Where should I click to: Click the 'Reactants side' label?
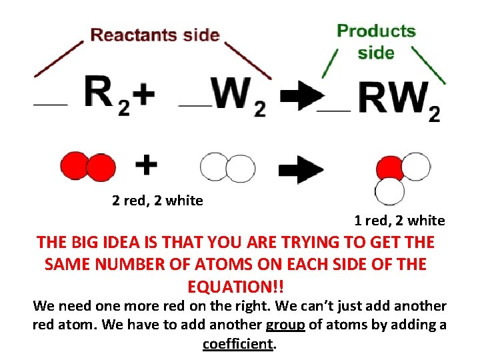pyautogui.click(x=155, y=35)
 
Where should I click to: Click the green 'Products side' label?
pyautogui.click(x=376, y=41)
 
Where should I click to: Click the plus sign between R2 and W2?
pyautogui.click(x=143, y=95)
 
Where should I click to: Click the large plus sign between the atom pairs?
pyautogui.click(x=147, y=164)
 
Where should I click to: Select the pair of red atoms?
pyautogui.click(x=88, y=167)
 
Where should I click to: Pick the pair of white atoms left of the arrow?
pyautogui.click(x=227, y=167)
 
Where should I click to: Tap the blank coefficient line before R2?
pyautogui.click(x=51, y=105)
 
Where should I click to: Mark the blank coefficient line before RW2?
pyautogui.click(x=335, y=110)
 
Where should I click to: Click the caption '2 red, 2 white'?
pyautogui.click(x=158, y=200)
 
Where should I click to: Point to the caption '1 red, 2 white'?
pyautogui.click(x=399, y=220)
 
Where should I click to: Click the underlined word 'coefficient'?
pyautogui.click(x=238, y=344)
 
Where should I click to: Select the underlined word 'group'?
pyautogui.click(x=285, y=325)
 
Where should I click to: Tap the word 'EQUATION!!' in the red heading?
pyautogui.click(x=236, y=287)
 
